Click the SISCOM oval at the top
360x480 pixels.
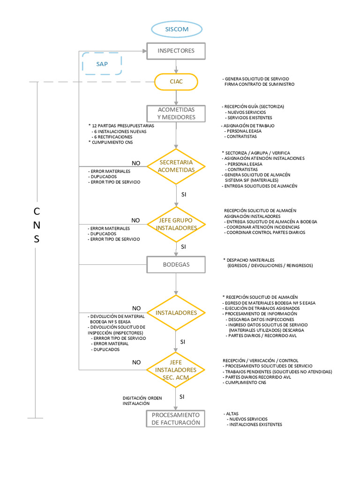[176, 29]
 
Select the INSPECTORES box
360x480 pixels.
[176, 51]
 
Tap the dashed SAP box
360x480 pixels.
[102, 64]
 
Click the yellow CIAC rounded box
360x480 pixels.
[176, 82]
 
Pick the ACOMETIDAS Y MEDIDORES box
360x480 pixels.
[176, 113]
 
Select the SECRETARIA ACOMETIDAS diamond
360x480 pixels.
[176, 166]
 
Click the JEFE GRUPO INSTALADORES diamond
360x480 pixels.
[176, 224]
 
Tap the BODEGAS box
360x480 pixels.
[176, 264]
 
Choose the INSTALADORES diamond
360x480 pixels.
[176, 312]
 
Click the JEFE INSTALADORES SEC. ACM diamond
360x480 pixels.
[176, 370]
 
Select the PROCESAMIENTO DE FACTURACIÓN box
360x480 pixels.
[176, 419]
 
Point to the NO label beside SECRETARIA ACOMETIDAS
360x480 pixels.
[136, 163]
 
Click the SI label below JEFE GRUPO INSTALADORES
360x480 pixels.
[183, 246]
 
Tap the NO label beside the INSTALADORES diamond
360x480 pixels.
[136, 308]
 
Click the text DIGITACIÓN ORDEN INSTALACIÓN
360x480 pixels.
[142, 400]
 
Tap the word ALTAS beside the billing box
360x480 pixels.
[232, 413]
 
